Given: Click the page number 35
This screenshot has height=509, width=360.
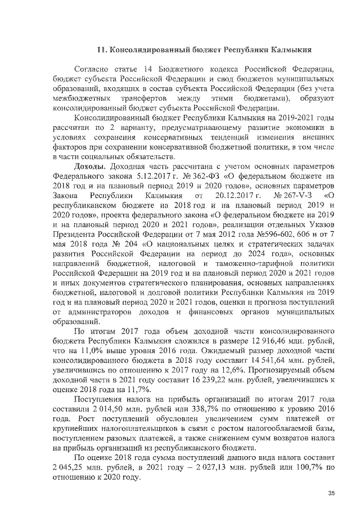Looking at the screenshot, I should coord(331,493).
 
